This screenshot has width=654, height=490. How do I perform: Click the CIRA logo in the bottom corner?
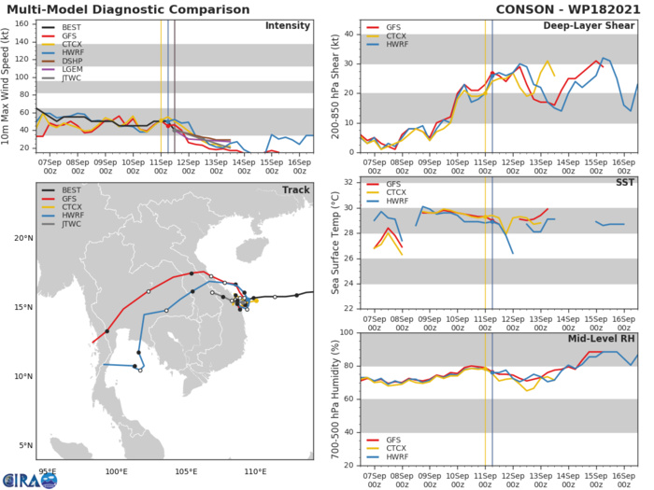point(28,478)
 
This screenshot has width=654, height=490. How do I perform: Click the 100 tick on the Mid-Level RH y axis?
point(345,333)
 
